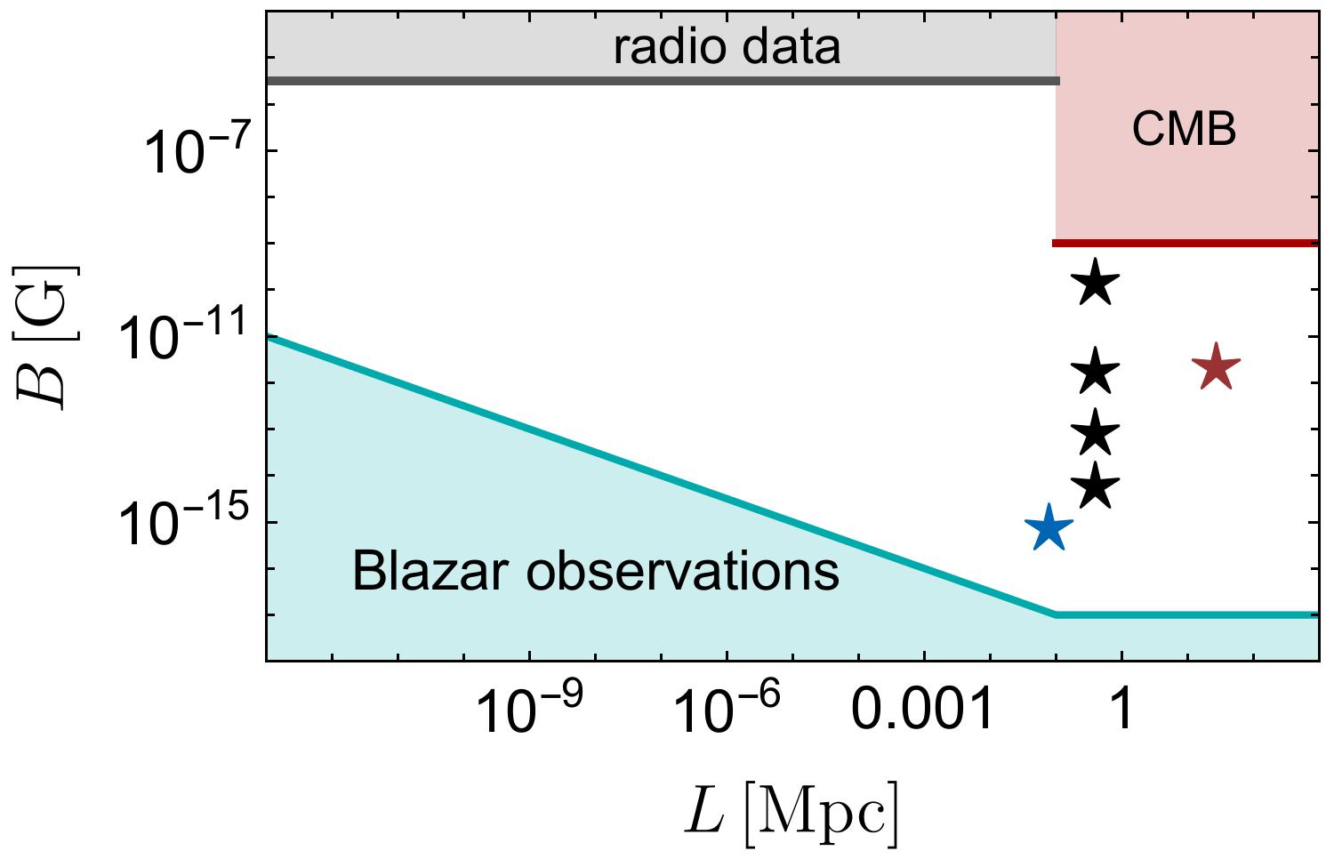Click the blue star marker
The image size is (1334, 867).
click(x=1049, y=528)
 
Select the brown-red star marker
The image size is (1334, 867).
click(x=1215, y=367)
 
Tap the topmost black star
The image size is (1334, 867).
click(x=1096, y=284)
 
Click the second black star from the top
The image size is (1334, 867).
click(x=1096, y=372)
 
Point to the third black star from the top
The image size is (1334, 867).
click(x=1096, y=434)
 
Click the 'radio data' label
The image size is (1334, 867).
click(x=727, y=47)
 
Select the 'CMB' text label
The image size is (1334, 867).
click(x=1184, y=131)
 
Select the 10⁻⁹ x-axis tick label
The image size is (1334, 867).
click(x=529, y=710)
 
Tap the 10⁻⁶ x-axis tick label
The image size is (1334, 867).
click(x=727, y=710)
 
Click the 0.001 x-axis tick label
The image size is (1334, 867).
click(x=921, y=710)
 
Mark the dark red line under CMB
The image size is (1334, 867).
click(x=1184, y=243)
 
